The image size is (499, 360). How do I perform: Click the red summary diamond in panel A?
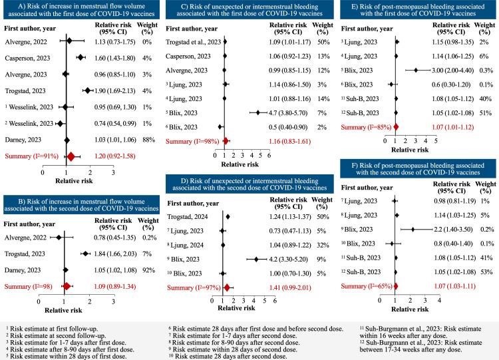pos(72,156)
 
